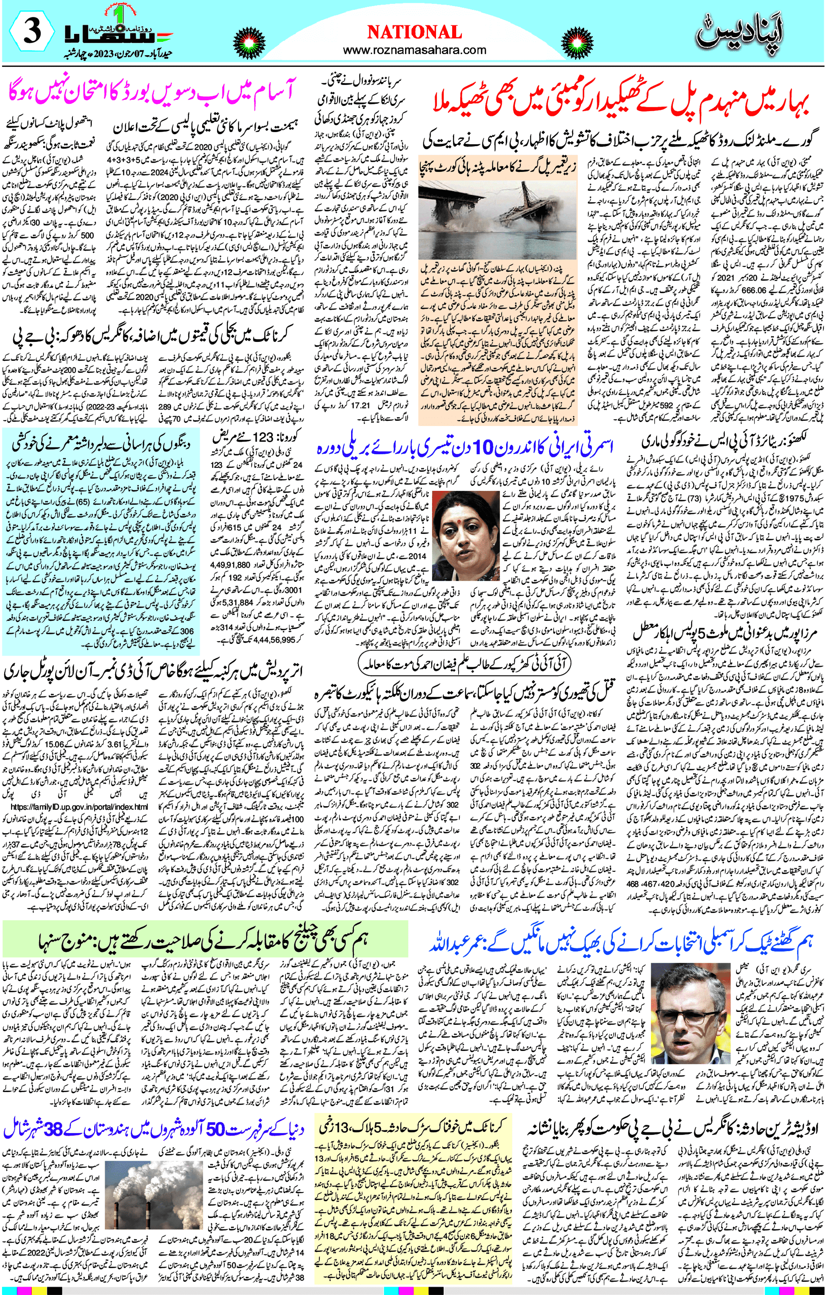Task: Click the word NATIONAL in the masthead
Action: [414, 32]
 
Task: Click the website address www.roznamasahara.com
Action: [414, 51]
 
